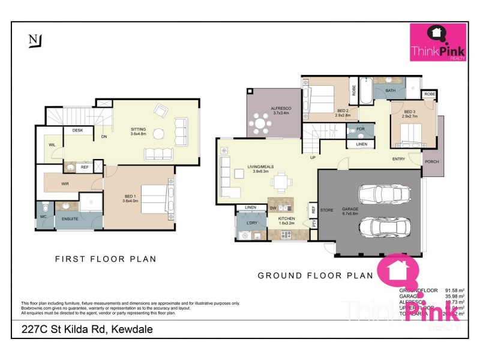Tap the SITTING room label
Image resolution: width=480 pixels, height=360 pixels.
[139, 129]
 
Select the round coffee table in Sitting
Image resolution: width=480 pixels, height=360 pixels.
[159, 133]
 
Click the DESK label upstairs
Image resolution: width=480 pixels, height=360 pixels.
[77, 130]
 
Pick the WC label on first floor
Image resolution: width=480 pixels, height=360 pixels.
[43, 216]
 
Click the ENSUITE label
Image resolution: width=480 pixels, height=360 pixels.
[71, 219]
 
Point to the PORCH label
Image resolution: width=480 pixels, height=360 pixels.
[431, 162]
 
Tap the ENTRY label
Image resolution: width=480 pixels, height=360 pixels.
[399, 159]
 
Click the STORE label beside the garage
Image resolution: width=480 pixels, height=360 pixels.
[327, 210]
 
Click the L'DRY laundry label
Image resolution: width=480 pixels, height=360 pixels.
[251, 224]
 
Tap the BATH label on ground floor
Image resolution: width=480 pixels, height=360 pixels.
[391, 91]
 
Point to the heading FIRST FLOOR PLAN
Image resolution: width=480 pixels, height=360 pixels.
[106, 259]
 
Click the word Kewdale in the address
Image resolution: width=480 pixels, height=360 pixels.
[131, 329]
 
